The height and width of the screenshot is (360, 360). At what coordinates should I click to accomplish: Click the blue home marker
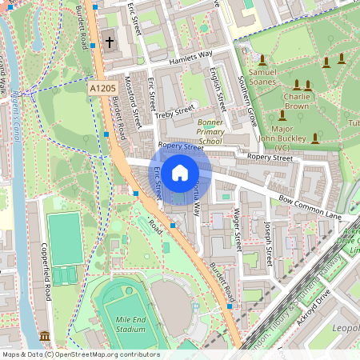[x=180, y=173]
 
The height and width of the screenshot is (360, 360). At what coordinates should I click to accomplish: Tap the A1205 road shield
[x=102, y=88]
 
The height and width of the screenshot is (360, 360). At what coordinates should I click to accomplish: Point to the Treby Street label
[x=175, y=110]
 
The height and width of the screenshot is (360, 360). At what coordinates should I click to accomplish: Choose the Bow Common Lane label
[x=311, y=206]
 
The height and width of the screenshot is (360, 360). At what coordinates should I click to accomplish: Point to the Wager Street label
[x=236, y=228]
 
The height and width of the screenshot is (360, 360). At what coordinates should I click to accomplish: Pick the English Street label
[x=215, y=88]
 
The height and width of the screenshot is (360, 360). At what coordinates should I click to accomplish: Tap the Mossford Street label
[x=131, y=102]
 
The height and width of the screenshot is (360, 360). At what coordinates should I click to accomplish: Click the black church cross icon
[x=109, y=40]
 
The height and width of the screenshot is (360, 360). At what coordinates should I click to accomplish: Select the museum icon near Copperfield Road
[x=44, y=335]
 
